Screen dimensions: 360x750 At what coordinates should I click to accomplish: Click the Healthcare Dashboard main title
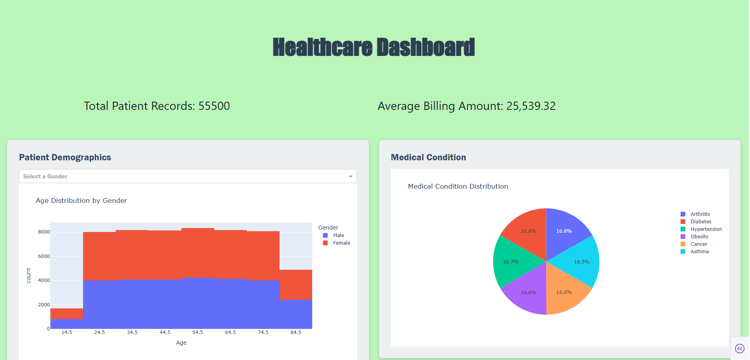coord(374,47)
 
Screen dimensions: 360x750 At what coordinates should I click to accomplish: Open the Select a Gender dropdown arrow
coord(350,176)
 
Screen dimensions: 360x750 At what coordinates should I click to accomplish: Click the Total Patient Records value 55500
coord(214,106)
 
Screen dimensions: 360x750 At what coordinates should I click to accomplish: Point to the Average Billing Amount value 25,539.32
coord(531,106)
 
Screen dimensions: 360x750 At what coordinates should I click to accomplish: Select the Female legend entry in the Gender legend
coord(341,243)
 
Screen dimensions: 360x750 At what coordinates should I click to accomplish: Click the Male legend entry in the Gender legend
coord(338,236)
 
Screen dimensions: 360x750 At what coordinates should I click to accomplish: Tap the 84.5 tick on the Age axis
coord(296,332)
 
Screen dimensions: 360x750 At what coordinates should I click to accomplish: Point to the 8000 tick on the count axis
coord(44,232)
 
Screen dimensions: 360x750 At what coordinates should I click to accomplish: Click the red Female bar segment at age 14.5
coord(67,314)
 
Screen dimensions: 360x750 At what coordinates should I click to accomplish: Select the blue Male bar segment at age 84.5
coord(296,314)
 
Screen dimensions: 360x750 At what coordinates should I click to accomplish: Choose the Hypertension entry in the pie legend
coord(706,229)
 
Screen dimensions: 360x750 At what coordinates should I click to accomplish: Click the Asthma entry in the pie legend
coord(699,252)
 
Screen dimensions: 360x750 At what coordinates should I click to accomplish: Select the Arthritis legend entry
coord(700,214)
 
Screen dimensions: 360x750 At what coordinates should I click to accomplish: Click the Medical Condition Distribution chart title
coord(458,186)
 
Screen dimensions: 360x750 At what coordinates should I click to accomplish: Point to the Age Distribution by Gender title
coord(81,200)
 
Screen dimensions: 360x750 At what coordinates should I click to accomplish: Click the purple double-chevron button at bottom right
coord(740,349)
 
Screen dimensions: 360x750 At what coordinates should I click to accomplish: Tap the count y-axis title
coord(28,275)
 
